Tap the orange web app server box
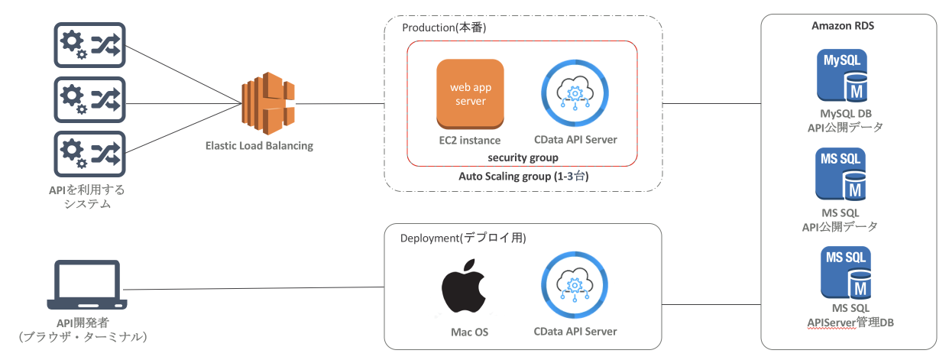[470, 93]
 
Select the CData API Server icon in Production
[575, 94]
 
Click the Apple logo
[464, 288]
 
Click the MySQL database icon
[845, 75]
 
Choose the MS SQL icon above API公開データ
[845, 174]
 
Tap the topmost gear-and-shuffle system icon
[88, 47]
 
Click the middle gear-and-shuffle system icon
[88, 98]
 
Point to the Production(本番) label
[444, 28]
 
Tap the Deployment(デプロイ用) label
[463, 238]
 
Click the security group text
[523, 157]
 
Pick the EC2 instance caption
[470, 140]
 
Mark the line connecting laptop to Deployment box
[252, 288]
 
